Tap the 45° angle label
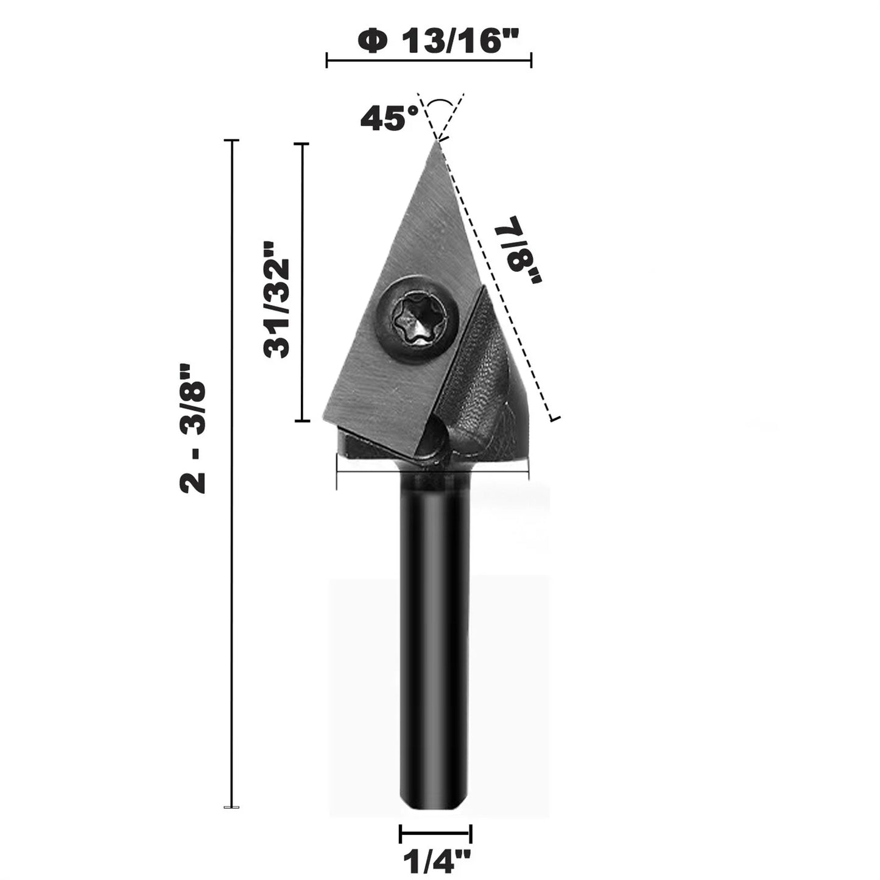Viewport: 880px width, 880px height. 389,118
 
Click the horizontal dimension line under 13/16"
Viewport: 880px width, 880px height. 429,60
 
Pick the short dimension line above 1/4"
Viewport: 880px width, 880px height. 435,834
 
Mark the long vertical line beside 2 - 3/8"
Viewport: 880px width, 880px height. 231,475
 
